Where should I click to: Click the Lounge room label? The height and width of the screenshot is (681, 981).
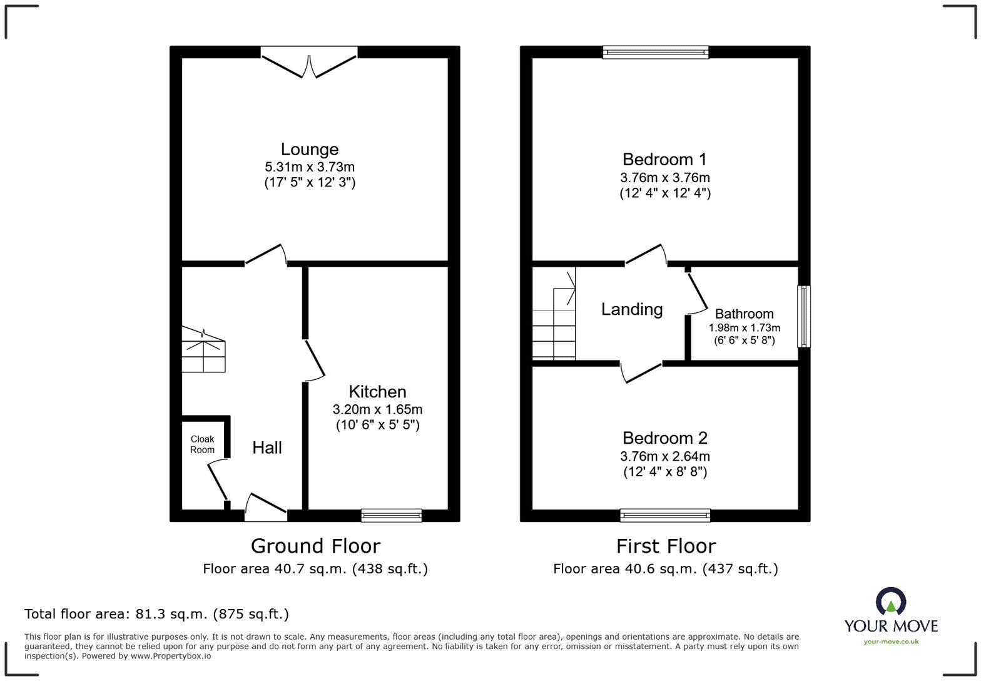click(x=309, y=149)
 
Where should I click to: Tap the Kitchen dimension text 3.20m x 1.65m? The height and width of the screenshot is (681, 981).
click(x=377, y=409)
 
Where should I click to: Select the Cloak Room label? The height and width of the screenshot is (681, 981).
click(x=202, y=444)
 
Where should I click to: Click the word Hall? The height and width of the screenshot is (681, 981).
click(x=267, y=448)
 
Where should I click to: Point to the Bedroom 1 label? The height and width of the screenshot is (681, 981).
click(x=664, y=159)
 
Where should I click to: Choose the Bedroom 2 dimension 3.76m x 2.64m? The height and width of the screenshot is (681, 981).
click(x=664, y=456)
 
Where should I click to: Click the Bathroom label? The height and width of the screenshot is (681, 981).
click(x=744, y=314)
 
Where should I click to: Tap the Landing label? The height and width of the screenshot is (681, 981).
click(x=632, y=309)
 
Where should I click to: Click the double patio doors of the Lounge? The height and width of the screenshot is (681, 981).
click(x=309, y=63)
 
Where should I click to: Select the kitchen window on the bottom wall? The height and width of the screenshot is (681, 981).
click(x=392, y=515)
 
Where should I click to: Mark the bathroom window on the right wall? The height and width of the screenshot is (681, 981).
click(x=803, y=316)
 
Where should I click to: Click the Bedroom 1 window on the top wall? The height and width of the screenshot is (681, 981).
click(x=656, y=53)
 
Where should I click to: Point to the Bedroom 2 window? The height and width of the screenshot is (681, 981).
click(x=665, y=515)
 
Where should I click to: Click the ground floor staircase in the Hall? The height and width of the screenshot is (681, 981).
click(x=203, y=351)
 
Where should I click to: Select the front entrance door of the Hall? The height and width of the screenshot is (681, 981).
click(x=266, y=507)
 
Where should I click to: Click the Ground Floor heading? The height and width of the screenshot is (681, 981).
click(x=315, y=546)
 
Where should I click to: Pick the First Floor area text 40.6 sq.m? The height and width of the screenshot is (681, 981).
click(x=665, y=568)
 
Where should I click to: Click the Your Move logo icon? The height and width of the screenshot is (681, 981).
click(x=891, y=602)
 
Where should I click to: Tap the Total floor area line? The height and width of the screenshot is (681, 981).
click(x=156, y=614)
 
